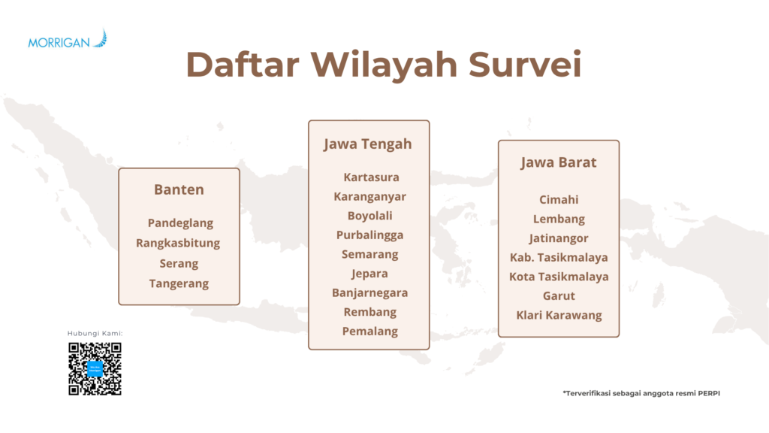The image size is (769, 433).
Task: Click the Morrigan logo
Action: tap(67, 39)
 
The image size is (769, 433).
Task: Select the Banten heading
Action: tap(179, 189)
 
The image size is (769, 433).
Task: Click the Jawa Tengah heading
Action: tap(368, 144)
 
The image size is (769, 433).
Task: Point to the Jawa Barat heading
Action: tap(559, 162)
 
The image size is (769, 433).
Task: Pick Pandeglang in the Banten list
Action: tap(180, 223)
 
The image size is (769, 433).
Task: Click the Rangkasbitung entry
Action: tap(178, 244)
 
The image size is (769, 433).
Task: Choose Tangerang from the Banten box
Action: tap(179, 283)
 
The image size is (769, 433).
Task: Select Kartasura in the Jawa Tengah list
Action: tap(371, 177)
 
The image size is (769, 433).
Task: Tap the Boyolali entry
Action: tap(369, 216)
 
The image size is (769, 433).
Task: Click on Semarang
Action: tap(369, 255)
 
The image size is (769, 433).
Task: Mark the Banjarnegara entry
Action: tap(369, 293)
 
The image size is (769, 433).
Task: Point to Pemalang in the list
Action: tap(369, 332)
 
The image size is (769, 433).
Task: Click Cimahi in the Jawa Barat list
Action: tap(559, 200)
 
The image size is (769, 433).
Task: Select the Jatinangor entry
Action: tap(559, 238)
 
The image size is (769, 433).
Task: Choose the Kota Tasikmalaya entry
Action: tap(559, 277)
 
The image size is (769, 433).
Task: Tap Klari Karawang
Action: tap(559, 315)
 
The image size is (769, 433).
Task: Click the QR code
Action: tap(95, 368)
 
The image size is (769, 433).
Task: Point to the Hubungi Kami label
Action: tap(95, 333)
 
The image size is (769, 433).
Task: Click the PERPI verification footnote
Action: tap(641, 393)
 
